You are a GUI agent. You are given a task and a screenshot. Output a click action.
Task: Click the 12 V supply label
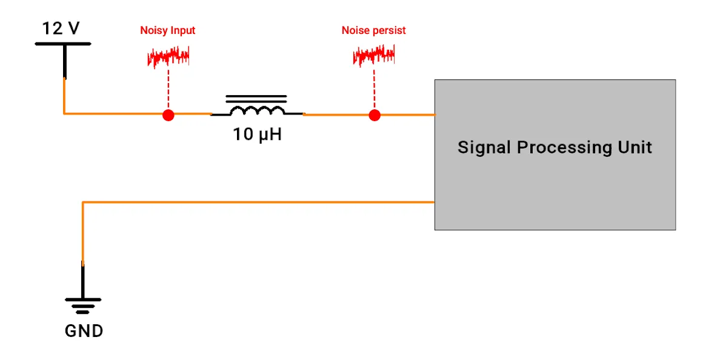61,28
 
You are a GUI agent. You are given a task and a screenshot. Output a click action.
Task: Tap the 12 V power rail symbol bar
63,44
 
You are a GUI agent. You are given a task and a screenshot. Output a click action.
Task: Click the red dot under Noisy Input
168,115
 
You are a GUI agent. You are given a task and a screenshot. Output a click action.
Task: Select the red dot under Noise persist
375,115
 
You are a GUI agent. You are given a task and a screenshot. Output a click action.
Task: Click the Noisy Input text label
168,30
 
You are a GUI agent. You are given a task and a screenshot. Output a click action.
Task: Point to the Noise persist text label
373,30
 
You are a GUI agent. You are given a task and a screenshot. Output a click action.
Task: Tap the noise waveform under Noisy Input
168,58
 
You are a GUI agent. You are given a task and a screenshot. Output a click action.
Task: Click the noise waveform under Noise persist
374,56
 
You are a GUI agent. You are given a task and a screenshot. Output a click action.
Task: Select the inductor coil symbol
257,112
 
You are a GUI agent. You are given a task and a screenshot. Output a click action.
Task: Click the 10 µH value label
258,135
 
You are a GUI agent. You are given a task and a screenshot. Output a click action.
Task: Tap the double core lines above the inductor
256,99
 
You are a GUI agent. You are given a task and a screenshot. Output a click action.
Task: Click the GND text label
84,332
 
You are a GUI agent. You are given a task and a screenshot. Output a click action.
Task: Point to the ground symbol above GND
83,304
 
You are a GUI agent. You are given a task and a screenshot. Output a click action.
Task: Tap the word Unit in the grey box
635,147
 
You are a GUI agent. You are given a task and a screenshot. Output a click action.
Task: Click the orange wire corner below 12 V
64,113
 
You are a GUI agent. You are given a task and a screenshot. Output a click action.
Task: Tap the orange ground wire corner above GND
83,202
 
